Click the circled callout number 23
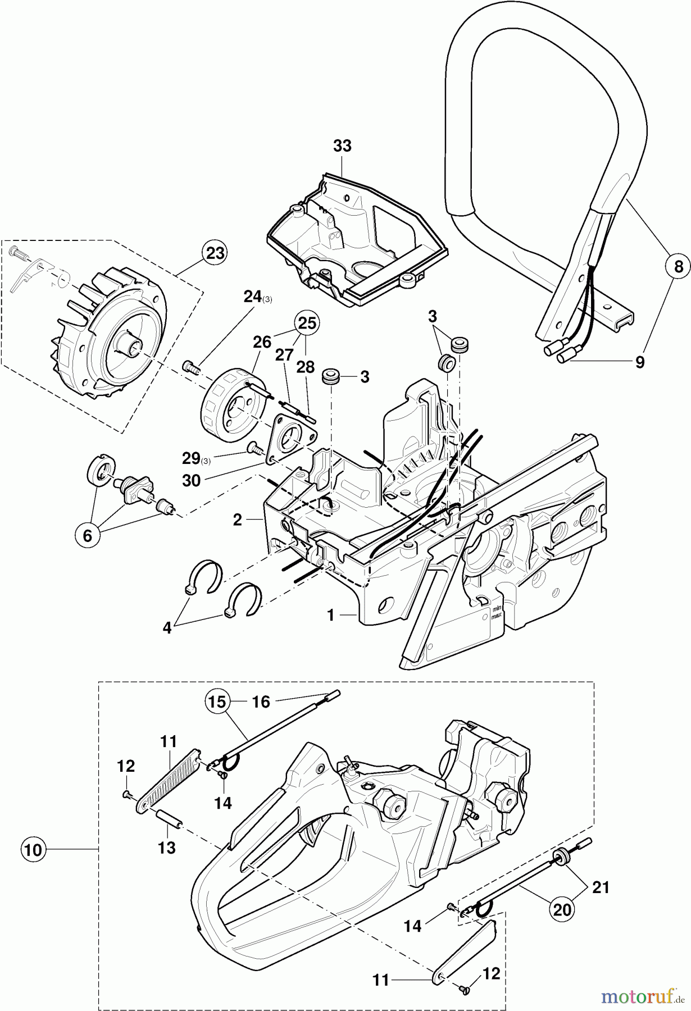click(x=215, y=253)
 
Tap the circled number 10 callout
click(x=33, y=850)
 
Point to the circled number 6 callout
click(x=87, y=535)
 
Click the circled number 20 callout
click(x=562, y=909)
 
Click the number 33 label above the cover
click(x=342, y=145)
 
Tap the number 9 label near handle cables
click(x=639, y=362)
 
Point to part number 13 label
click(x=167, y=847)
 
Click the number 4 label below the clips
click(x=167, y=628)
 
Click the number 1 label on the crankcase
click(x=331, y=616)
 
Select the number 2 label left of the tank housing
click(x=238, y=520)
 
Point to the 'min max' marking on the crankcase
click(x=495, y=612)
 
